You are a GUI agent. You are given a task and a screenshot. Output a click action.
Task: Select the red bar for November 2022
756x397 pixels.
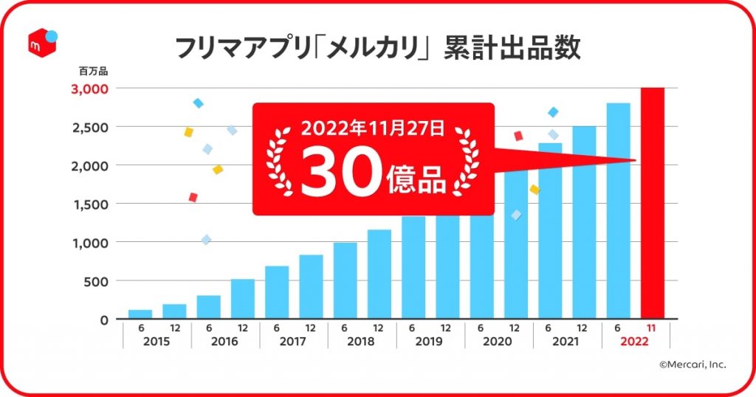tap(653, 204)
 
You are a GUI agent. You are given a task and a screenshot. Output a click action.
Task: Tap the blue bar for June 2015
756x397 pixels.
tap(140, 314)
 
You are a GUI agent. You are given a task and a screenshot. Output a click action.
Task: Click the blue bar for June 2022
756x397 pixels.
tap(618, 211)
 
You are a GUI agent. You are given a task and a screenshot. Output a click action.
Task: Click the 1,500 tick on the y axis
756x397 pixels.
tap(92, 204)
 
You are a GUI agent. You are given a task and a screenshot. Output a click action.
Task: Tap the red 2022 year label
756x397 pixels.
tap(636, 342)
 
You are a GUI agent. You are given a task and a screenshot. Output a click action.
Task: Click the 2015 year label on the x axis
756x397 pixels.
tap(157, 342)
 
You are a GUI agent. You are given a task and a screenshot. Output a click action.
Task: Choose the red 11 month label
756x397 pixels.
tap(652, 328)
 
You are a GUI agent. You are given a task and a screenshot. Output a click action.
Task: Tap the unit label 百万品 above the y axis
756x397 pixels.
tap(93, 72)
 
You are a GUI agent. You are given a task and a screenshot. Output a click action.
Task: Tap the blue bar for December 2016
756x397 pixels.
tap(242, 299)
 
